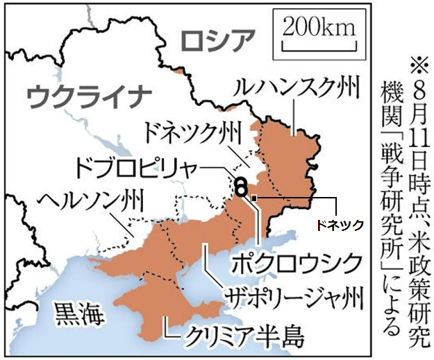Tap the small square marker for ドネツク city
[254, 199]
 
